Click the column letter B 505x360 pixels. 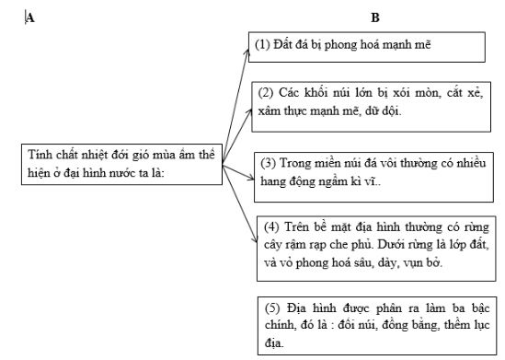point(374,17)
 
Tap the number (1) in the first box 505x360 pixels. point(262,43)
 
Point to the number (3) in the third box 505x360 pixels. point(270,163)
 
